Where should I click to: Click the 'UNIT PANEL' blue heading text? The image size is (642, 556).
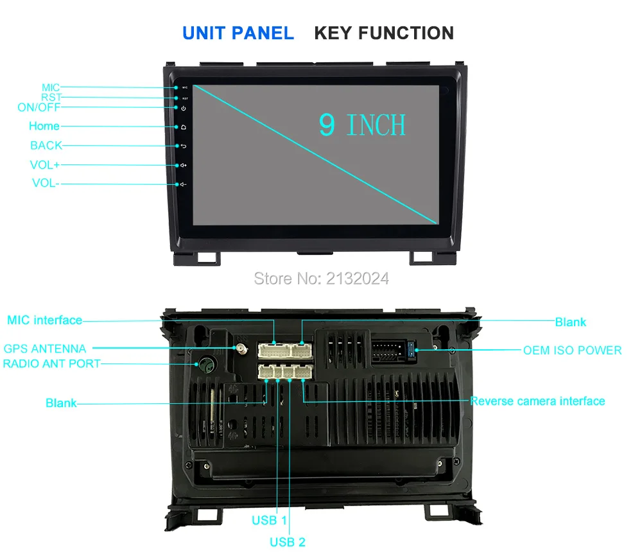tap(238, 33)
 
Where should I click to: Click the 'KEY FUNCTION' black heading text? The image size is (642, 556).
tap(384, 33)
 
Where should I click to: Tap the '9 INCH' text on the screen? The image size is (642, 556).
tap(363, 125)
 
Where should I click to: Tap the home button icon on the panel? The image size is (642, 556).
tap(184, 127)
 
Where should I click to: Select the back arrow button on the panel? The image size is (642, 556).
tap(184, 146)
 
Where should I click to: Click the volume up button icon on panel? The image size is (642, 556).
tap(184, 166)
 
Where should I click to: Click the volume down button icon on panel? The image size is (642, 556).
tap(184, 185)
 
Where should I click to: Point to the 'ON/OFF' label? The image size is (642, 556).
tap(39, 107)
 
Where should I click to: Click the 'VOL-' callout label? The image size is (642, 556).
tap(46, 184)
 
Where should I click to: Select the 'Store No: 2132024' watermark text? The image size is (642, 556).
tap(322, 278)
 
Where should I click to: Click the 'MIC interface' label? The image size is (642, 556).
tap(45, 320)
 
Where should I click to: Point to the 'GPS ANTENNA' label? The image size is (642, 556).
tap(45, 349)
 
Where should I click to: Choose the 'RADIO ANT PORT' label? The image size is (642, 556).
tap(52, 363)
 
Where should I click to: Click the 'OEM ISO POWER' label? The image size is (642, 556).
tap(572, 351)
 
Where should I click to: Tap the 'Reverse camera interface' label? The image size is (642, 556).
tap(537, 401)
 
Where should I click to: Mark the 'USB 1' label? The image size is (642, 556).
tap(270, 520)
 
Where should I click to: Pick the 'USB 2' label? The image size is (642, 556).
tap(288, 543)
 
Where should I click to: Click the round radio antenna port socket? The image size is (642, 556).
tap(206, 365)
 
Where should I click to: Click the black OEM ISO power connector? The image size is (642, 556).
tap(390, 351)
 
